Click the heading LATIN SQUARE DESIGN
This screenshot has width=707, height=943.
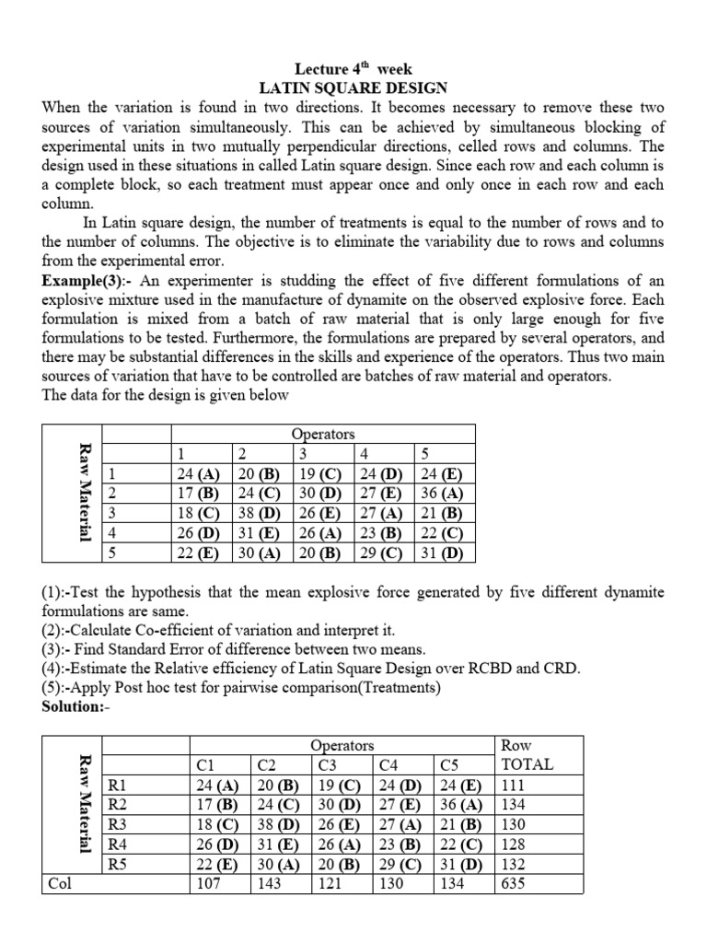(353, 88)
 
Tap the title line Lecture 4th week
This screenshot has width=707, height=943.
(353, 69)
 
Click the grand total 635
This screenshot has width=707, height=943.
(513, 884)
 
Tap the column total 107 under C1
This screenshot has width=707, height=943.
(213, 884)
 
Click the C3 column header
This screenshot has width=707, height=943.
(329, 764)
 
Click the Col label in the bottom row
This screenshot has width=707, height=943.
(60, 884)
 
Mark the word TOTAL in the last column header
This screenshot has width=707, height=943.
(527, 764)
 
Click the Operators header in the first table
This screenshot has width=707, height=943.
(323, 434)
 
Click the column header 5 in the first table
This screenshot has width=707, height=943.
(424, 453)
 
